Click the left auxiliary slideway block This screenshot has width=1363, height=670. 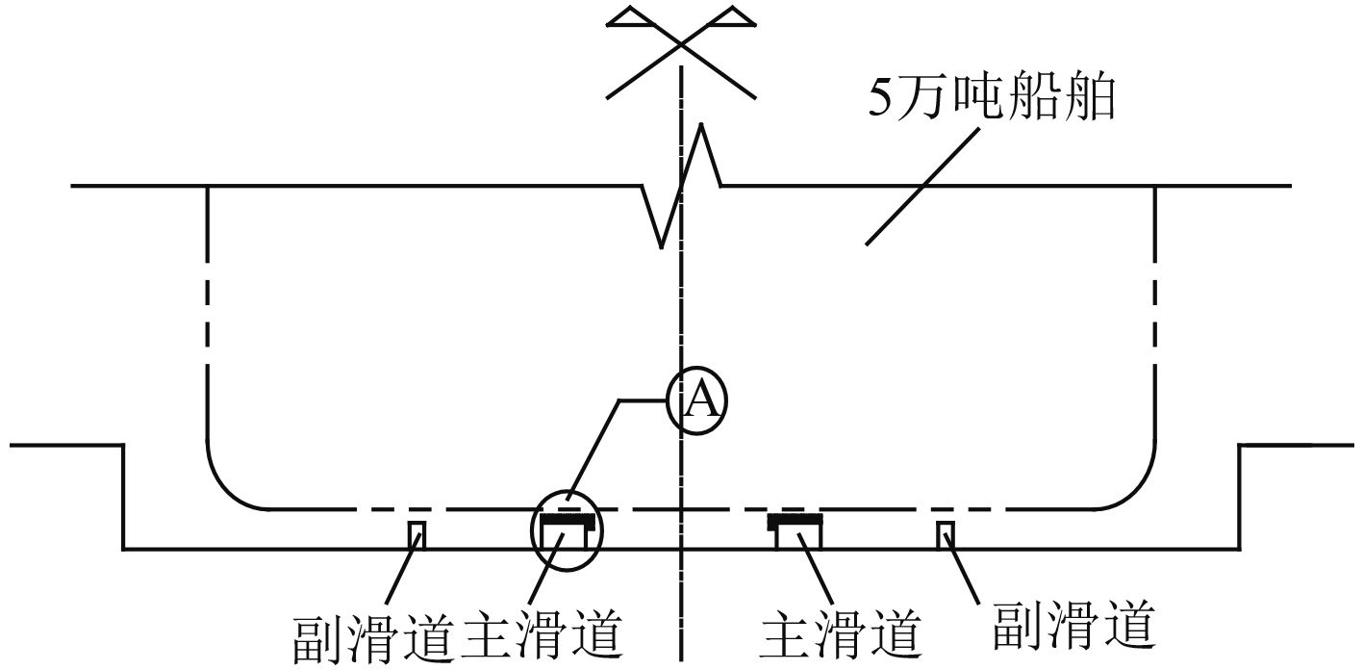pyautogui.click(x=417, y=535)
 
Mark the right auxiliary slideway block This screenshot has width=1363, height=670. pyautogui.click(x=946, y=535)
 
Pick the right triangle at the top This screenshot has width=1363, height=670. pyautogui.click(x=733, y=16)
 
